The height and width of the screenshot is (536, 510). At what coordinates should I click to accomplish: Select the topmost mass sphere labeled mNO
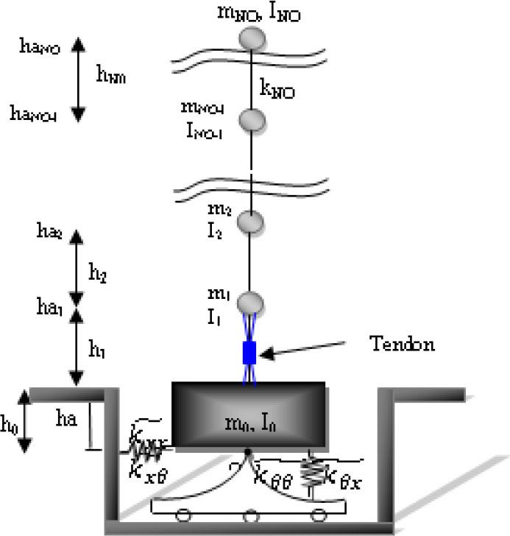point(252,37)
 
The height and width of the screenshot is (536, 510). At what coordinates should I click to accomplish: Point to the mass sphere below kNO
point(252,120)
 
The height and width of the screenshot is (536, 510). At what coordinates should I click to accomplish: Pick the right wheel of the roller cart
point(318,515)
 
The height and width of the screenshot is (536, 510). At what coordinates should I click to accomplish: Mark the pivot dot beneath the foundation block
point(248,452)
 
